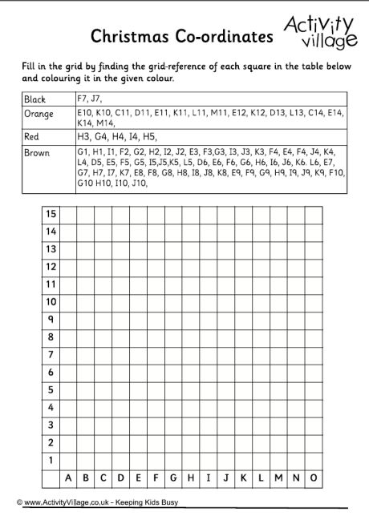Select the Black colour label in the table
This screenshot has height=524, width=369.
point(35,99)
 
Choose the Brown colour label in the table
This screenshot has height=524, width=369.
point(37,152)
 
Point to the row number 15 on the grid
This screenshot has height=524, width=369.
point(51,214)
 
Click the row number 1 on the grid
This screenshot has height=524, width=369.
point(51,460)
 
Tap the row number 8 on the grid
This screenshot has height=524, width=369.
point(51,337)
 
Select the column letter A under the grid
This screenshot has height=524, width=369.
point(69,478)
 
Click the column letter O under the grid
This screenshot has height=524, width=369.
point(314,478)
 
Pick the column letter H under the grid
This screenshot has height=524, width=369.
point(191,478)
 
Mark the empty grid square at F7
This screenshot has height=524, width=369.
point(156,354)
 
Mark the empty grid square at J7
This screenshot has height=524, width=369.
point(226,354)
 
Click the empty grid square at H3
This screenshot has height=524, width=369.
point(191,425)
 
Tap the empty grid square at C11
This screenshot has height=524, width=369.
point(103,284)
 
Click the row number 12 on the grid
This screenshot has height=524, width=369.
point(51,267)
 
